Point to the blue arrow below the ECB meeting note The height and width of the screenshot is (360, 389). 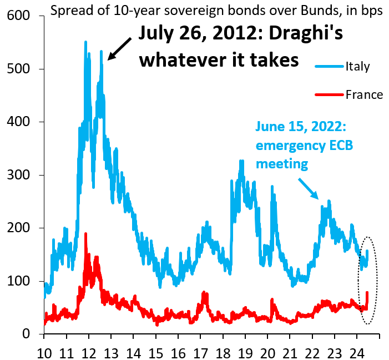[x=309, y=188]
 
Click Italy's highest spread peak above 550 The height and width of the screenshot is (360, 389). [x=85, y=42]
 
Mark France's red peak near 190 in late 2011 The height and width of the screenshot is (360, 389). [x=85, y=233]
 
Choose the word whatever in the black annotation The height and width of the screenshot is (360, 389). [x=179, y=58]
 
